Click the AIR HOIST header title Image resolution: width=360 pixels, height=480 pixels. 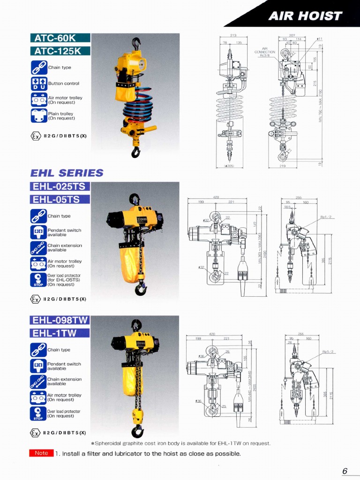click(305, 16)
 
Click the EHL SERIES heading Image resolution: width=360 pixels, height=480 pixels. click(67, 172)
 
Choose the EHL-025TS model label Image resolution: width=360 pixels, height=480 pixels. click(60, 187)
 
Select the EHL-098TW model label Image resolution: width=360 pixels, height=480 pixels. click(60, 320)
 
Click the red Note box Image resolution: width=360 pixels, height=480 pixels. click(41, 453)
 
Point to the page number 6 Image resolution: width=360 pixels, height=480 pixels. click(345, 471)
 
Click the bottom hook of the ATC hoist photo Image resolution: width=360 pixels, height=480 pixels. click(135, 152)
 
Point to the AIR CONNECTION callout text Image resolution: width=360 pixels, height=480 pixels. click(264, 51)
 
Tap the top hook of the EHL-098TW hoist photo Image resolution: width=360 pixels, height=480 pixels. click(136, 324)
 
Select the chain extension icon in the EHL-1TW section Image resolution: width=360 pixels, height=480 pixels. click(38, 381)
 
